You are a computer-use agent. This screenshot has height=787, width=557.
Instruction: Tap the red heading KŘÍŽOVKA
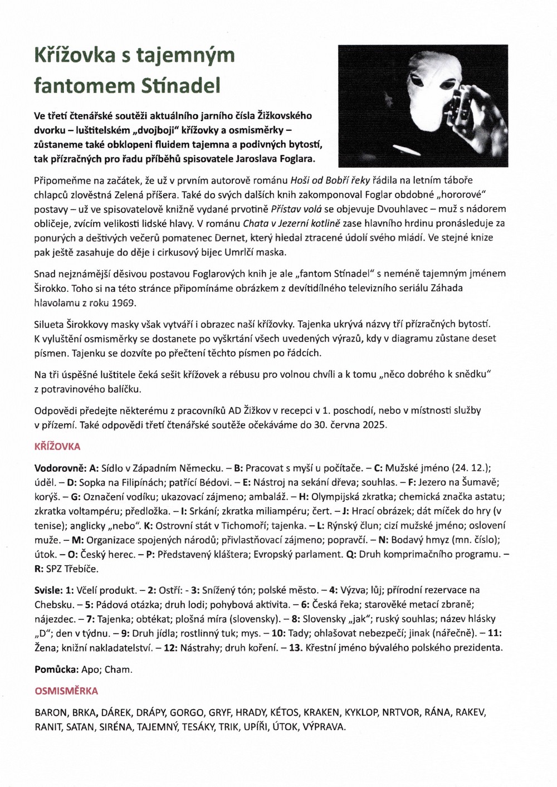(57, 447)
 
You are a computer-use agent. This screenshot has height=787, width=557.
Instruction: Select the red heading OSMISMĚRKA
(66, 691)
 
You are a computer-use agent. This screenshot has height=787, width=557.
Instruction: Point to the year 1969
(124, 303)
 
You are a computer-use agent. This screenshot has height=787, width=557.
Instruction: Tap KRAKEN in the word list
(321, 712)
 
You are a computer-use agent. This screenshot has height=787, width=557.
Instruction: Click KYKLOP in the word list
(361, 712)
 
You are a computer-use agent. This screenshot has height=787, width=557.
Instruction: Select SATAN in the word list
(80, 727)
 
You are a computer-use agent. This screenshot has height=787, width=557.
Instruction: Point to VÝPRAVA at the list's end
(324, 727)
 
